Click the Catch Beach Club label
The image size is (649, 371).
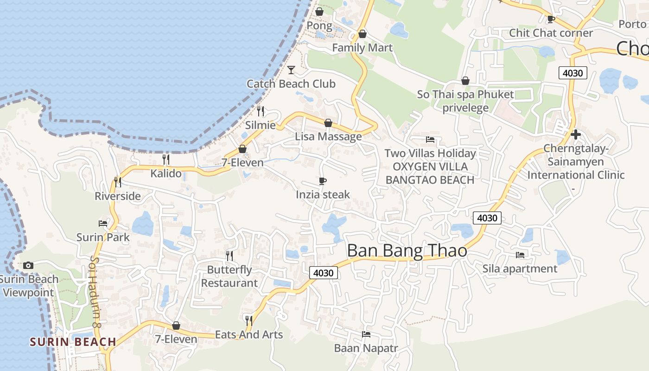[291, 84]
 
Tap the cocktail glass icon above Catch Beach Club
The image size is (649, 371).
[291, 70]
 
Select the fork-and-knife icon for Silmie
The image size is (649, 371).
[261, 111]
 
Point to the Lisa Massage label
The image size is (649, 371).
[328, 137]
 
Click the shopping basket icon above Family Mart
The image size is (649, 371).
[363, 34]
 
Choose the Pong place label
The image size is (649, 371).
[319, 26]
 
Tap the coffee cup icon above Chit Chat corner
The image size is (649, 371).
[551, 19]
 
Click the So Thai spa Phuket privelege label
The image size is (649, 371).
[465, 101]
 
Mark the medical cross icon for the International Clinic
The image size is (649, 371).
[576, 134]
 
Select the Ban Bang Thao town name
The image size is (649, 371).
[407, 251]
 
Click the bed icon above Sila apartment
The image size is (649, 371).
[520, 255]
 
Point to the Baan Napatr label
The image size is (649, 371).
[366, 348]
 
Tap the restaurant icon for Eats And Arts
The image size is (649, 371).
[249, 320]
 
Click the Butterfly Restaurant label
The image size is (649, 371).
[229, 276]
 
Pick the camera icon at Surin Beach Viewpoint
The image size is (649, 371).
[28, 266]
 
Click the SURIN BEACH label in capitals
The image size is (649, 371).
[73, 342]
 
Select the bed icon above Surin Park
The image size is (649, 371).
[103, 223]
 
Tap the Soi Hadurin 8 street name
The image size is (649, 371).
[96, 292]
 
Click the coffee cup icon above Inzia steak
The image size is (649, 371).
[323, 181]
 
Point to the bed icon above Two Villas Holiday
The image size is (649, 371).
[430, 139]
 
